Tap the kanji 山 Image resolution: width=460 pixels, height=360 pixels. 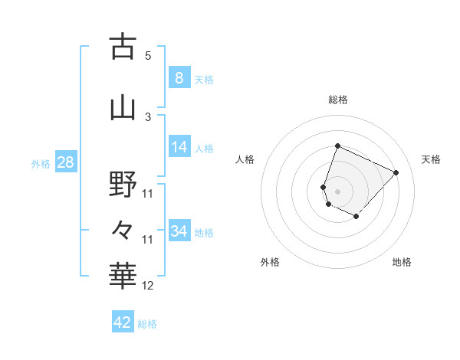(x=123, y=107)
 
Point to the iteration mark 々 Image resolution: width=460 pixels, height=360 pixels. (x=123, y=229)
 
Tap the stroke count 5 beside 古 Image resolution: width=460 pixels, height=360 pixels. (x=148, y=55)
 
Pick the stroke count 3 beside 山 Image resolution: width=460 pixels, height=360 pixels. (x=148, y=116)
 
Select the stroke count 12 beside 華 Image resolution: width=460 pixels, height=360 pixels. (x=148, y=286)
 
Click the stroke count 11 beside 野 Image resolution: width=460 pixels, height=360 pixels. (x=148, y=193)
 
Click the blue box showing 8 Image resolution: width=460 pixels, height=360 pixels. (x=179, y=77)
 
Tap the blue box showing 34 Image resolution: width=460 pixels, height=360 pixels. (x=179, y=231)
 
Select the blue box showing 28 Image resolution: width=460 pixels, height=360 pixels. (x=65, y=162)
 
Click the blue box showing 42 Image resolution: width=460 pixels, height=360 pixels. (x=123, y=322)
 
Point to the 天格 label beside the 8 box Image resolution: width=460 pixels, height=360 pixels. (x=204, y=80)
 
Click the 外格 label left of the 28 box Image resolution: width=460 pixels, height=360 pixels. (x=41, y=164)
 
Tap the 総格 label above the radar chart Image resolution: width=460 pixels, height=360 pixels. (x=338, y=100)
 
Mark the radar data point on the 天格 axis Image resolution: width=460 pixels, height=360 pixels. (x=396, y=172)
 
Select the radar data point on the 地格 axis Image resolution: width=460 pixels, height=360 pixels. (x=356, y=217)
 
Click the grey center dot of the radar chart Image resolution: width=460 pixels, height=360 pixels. (x=338, y=191)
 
